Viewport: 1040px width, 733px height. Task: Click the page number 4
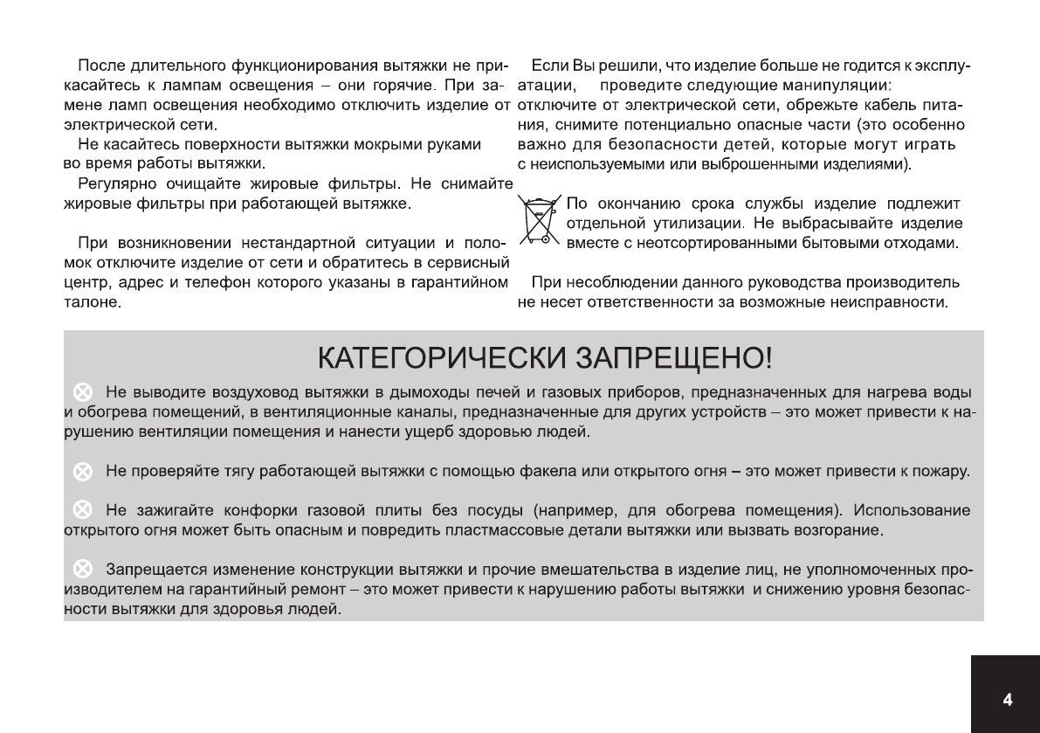1007,700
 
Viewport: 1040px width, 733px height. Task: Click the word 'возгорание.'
842,530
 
